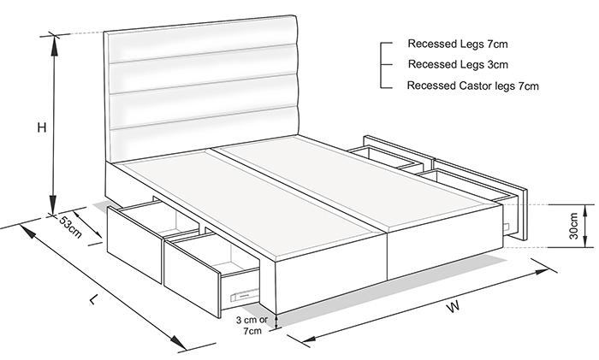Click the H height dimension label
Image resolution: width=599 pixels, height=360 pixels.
42,127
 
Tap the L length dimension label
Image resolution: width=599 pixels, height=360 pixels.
94,299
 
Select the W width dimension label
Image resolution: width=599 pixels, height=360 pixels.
453,306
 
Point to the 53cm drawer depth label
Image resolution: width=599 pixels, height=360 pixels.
70,227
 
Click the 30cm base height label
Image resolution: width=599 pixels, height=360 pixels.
573,226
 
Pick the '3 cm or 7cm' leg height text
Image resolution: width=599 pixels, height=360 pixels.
252,325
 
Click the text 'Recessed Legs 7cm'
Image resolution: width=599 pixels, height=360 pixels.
458,44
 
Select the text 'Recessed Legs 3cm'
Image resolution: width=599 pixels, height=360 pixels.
458,64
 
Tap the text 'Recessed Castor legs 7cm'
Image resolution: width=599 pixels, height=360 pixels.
473,86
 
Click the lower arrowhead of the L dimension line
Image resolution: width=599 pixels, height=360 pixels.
177,342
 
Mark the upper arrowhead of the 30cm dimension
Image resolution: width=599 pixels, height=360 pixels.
585,210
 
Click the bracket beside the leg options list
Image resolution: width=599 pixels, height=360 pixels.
384,65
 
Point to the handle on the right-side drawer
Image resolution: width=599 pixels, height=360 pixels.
507,227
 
